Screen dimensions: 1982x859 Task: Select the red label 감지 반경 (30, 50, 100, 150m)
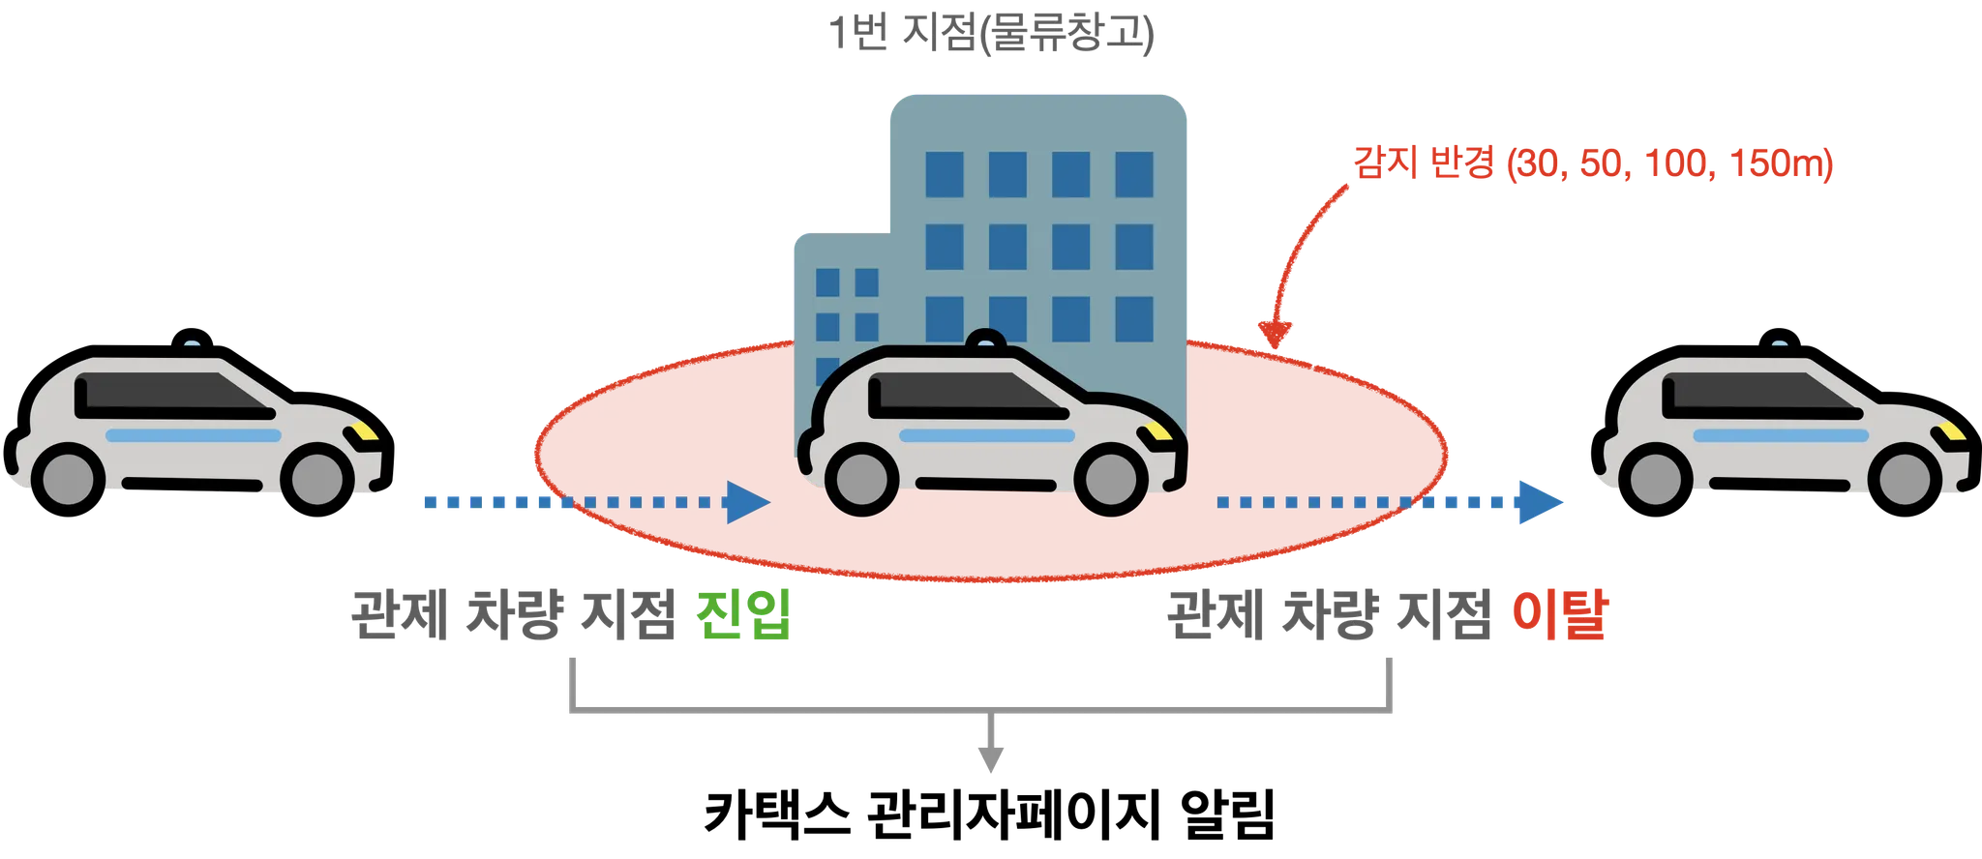tap(1592, 166)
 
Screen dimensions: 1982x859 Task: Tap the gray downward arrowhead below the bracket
tap(990, 764)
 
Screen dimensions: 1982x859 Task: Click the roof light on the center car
tap(985, 341)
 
